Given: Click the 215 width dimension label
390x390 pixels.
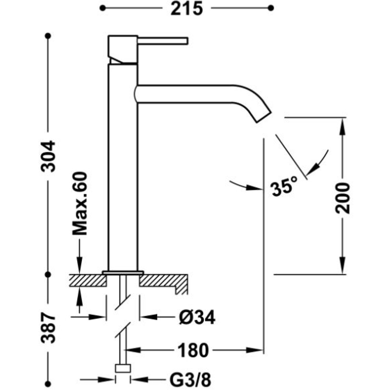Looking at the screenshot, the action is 187,9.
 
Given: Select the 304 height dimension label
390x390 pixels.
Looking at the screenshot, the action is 48,156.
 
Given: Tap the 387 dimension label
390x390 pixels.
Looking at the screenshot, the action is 48,328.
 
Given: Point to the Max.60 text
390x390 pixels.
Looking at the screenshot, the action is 80,204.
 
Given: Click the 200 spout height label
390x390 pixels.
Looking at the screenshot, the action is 342,198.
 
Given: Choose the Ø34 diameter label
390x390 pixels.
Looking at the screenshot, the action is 197,317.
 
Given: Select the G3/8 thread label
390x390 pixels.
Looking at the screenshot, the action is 190,380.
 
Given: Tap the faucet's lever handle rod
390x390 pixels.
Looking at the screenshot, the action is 163,41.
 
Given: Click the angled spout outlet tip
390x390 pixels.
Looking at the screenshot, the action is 264,117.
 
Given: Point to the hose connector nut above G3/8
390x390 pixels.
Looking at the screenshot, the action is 123,369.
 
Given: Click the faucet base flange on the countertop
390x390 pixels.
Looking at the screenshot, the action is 123,273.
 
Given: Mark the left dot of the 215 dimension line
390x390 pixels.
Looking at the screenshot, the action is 103,8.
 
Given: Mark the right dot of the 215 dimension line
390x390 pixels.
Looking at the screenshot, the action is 271,8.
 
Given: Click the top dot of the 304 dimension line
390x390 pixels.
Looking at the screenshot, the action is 48,36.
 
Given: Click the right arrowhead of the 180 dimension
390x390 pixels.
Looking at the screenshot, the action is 255,350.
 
